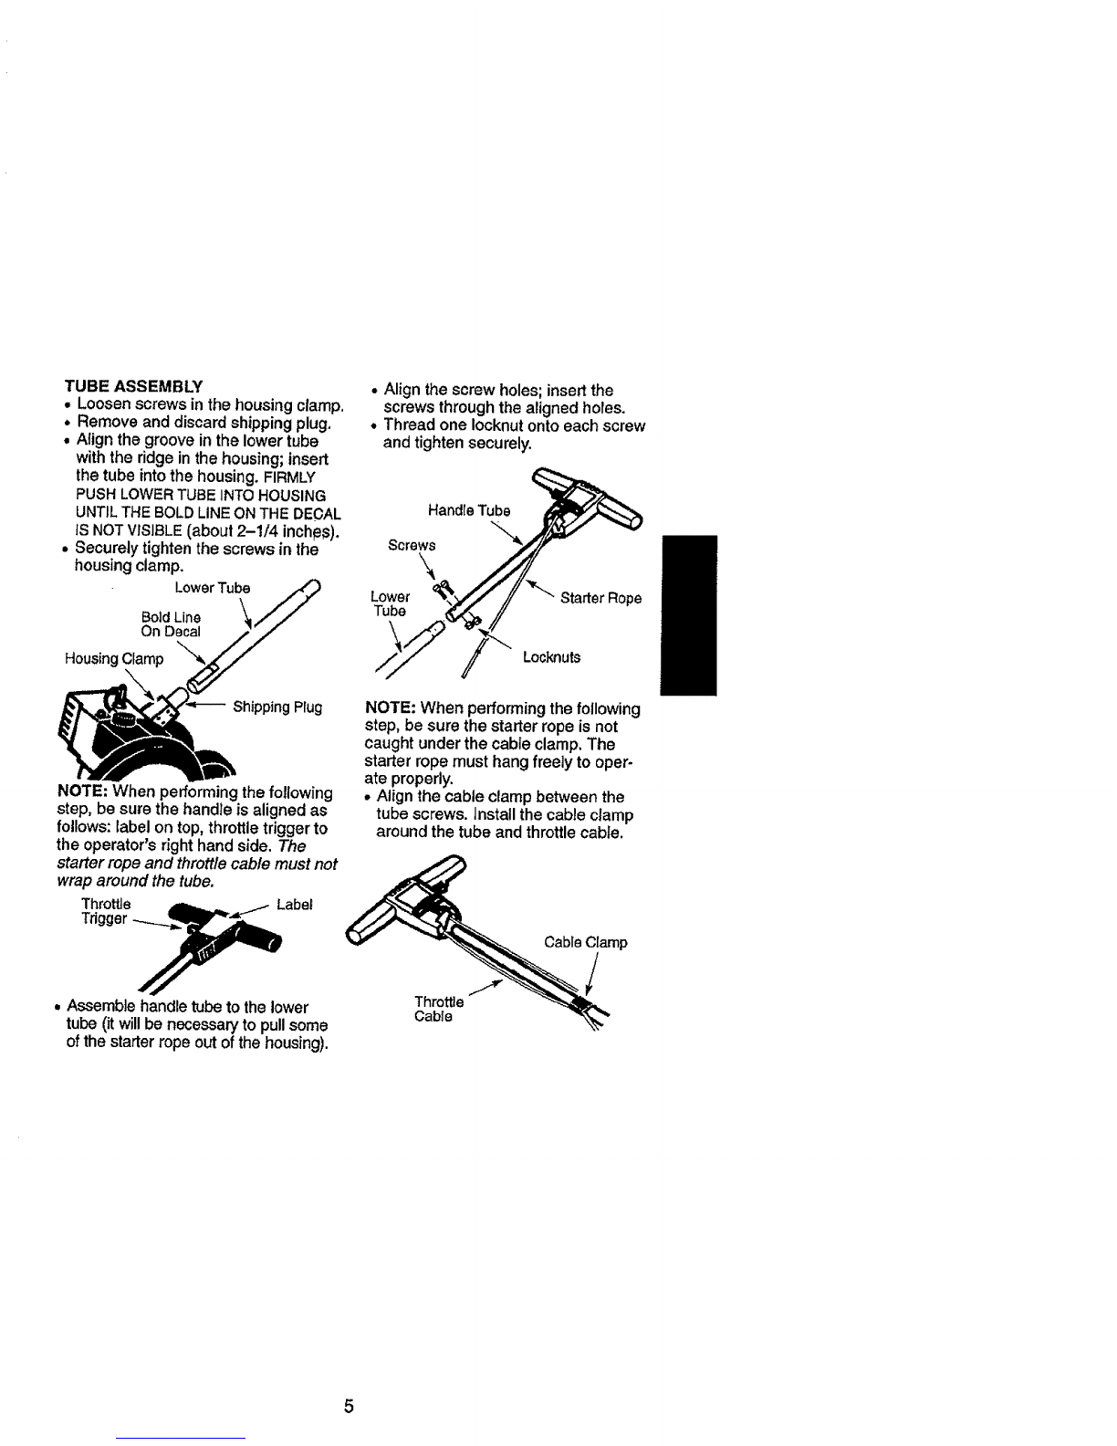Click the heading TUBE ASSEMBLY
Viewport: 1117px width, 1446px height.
click(x=133, y=386)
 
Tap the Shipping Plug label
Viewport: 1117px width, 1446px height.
click(x=277, y=707)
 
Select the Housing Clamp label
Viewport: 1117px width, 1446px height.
click(x=114, y=659)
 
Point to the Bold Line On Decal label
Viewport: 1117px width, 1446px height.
click(x=171, y=624)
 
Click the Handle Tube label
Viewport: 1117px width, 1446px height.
click(x=469, y=510)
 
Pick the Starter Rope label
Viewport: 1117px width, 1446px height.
click(x=600, y=598)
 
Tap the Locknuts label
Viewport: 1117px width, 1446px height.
click(x=551, y=657)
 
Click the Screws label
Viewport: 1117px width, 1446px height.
click(x=412, y=545)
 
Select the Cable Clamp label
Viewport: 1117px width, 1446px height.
click(x=586, y=942)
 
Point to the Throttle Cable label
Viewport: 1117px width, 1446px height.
click(x=438, y=1009)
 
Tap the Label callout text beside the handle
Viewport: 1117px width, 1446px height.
click(x=294, y=905)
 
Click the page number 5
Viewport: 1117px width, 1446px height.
click(x=350, y=1406)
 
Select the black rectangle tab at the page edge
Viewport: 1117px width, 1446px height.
click(x=689, y=615)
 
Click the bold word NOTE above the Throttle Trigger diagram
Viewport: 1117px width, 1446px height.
click(x=82, y=791)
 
